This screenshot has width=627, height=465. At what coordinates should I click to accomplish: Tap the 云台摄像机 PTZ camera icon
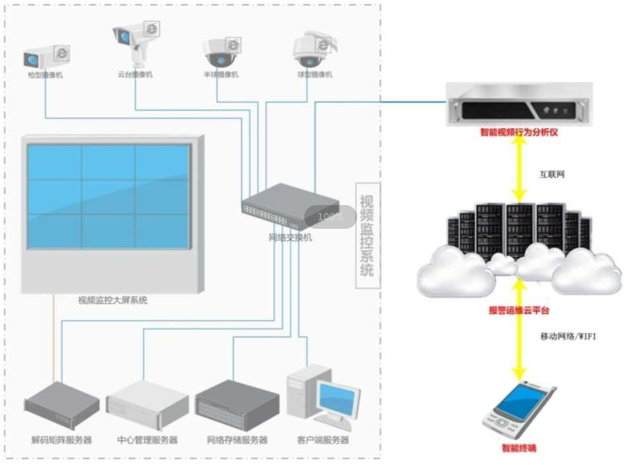point(135,40)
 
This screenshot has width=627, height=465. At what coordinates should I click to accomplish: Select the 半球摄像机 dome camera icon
point(221,53)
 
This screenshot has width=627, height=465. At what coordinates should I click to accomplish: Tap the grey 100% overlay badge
point(330,216)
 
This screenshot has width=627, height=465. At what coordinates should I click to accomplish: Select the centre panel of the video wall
point(109,197)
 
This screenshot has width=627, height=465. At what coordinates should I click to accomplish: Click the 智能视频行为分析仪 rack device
point(519,105)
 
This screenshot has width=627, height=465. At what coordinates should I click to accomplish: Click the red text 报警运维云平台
point(519,310)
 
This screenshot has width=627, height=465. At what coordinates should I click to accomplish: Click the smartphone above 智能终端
point(519,411)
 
